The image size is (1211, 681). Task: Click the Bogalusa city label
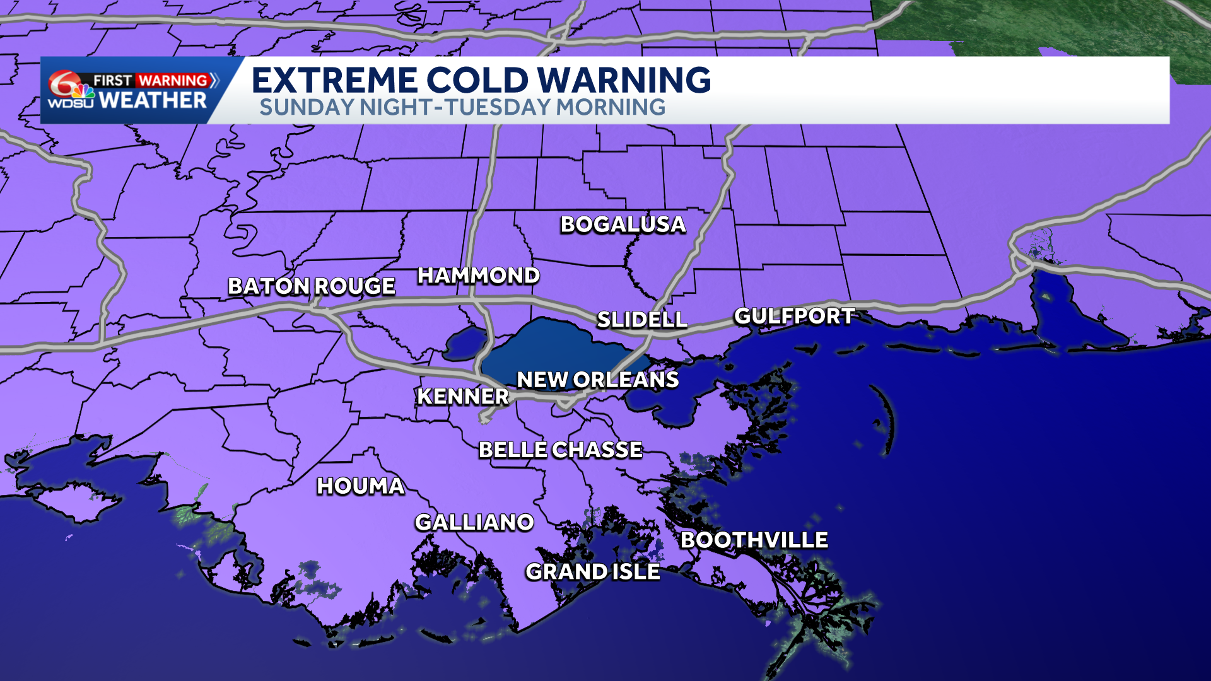click(623, 224)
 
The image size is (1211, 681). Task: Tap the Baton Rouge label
click(312, 286)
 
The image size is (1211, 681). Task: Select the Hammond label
click(478, 276)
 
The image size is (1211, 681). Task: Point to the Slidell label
click(641, 320)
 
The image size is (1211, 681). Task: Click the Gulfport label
click(794, 316)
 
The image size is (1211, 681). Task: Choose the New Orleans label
click(597, 380)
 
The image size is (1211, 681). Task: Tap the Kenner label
click(462, 396)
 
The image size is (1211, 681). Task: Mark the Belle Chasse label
click(560, 450)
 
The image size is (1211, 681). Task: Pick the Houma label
click(360, 486)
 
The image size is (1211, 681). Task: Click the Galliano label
click(474, 522)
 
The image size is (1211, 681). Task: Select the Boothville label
click(754, 540)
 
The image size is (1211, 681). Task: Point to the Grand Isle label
click(592, 572)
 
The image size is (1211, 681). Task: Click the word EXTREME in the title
click(335, 80)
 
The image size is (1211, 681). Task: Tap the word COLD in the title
click(477, 80)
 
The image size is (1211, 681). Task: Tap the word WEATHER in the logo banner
click(153, 100)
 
